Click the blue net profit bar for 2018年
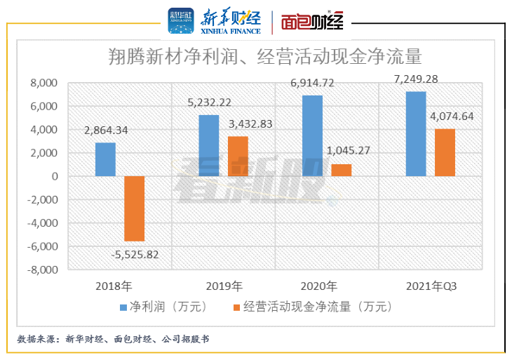(105, 159)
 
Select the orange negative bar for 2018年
(134, 208)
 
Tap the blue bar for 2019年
(209, 145)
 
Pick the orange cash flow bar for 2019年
(238, 156)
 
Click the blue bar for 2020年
(312, 135)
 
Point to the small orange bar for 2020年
(342, 170)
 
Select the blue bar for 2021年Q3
(416, 133)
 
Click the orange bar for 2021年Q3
(445, 152)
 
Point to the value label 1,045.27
(349, 149)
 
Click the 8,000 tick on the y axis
(43, 84)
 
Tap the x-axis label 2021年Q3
(431, 286)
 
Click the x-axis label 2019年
(224, 286)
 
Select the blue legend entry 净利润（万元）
(164, 307)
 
